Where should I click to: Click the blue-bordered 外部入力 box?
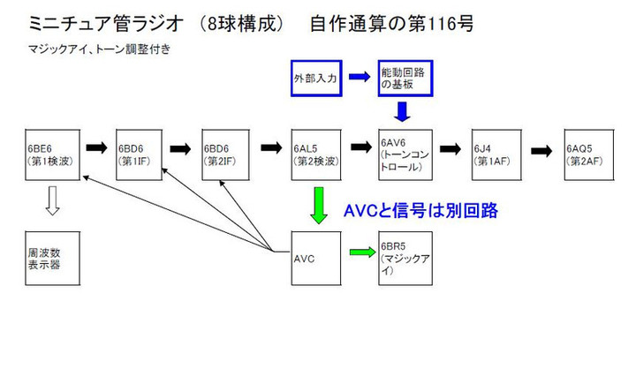click(x=315, y=77)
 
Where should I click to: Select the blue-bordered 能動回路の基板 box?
click(x=404, y=77)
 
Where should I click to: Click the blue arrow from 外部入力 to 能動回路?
click(x=359, y=77)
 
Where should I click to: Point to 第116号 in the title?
click(x=438, y=23)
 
